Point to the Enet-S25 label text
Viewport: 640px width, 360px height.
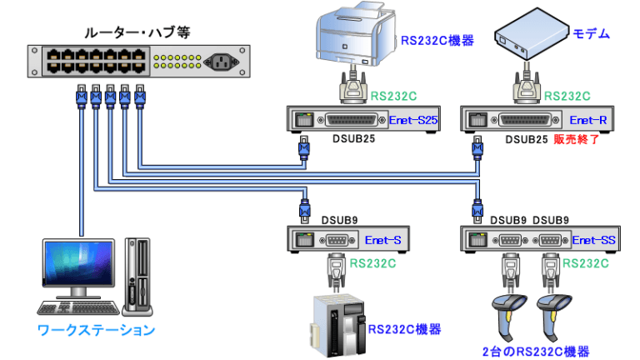413,122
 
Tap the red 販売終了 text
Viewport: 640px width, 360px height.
577,138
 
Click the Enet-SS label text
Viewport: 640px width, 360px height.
594,241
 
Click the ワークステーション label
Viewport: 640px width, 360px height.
97,330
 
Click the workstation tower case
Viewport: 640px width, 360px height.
138,273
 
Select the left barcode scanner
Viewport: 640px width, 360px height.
511,313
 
